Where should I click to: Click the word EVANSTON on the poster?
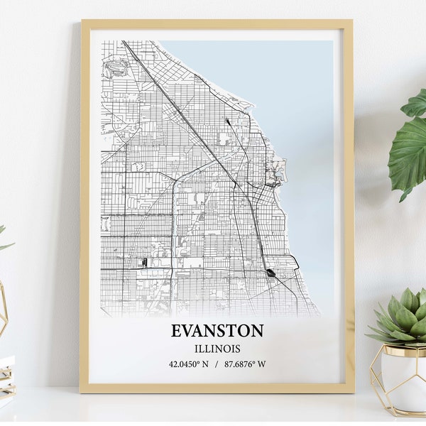[217, 331]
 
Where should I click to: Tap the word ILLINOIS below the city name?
[217, 349]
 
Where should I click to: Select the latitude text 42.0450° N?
[188, 364]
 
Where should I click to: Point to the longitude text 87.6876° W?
[246, 364]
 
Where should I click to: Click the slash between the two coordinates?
[216, 364]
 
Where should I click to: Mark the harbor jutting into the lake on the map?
[275, 171]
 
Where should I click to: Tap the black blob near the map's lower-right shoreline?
[271, 272]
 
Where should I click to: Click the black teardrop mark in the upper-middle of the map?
[228, 121]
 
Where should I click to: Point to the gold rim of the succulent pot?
[401, 349]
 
